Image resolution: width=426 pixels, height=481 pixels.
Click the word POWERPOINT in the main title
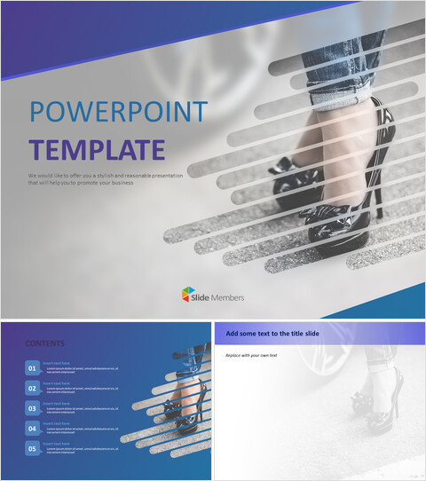click(118, 112)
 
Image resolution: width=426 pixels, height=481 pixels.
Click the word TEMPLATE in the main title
click(97, 148)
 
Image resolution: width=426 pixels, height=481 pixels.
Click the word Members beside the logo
click(227, 297)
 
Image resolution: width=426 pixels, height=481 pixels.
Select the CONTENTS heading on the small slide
click(44, 343)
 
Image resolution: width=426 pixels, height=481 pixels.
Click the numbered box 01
click(33, 368)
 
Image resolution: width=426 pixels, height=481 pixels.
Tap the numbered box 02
click(33, 389)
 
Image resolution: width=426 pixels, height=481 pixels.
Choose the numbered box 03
click(33, 409)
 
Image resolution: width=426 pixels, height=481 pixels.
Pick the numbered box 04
click(33, 429)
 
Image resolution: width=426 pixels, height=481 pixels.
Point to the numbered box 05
click(33, 449)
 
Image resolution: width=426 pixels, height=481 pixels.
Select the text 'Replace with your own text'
click(252, 355)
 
